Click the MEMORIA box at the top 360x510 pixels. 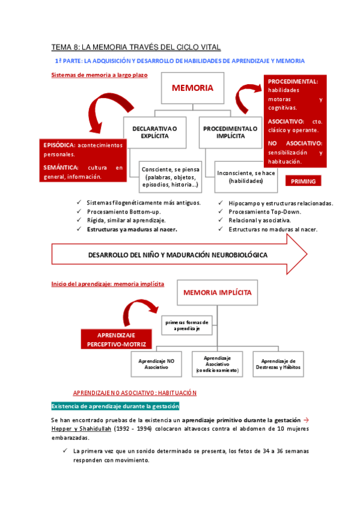coord(192,88)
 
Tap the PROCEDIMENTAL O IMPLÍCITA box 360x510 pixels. coord(230,132)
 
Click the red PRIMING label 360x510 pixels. coord(303,181)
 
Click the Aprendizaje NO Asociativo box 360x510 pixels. coord(157,364)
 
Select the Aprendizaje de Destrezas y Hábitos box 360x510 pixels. coord(277,364)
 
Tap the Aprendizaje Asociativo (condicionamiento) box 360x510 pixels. coord(217,364)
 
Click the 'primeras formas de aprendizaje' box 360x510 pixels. coord(186,325)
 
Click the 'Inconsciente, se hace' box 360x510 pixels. coord(246,177)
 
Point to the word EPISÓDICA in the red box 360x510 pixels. coord(59,145)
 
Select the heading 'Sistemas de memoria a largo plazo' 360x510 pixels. coord(99,75)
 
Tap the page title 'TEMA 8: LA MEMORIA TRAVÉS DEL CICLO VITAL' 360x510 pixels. coord(136,46)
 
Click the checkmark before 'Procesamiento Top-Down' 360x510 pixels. coord(221,212)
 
